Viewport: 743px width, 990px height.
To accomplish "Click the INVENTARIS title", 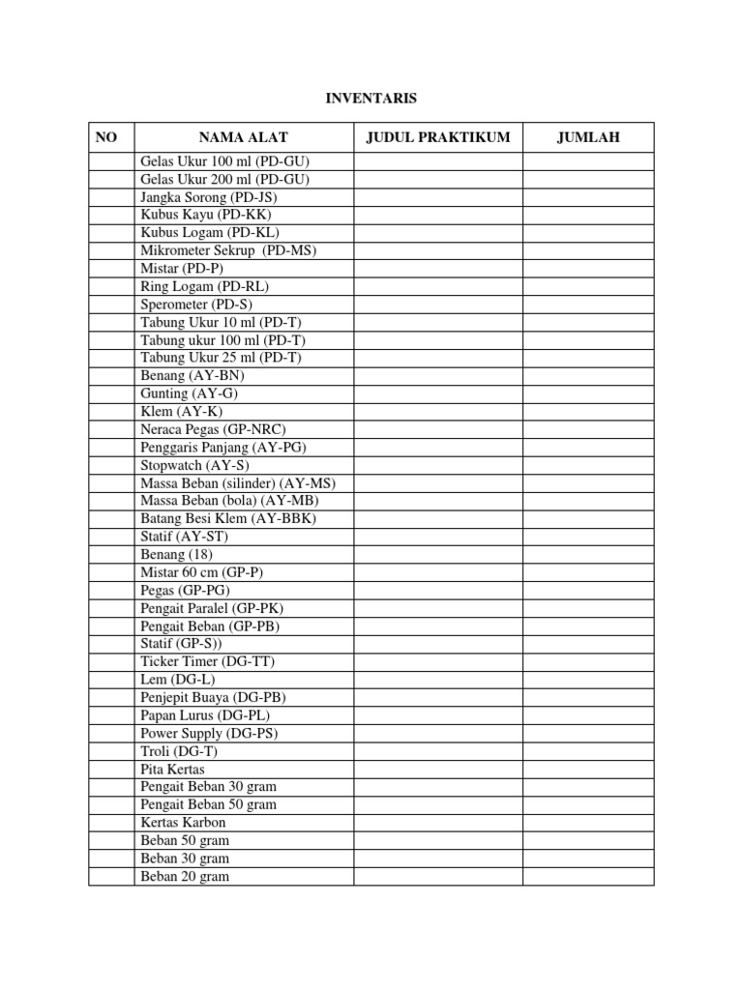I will tap(371, 98).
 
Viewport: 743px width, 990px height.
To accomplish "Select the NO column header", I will tap(106, 138).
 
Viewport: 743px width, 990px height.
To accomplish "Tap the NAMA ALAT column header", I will tap(244, 138).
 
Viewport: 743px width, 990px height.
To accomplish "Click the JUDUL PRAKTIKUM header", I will tap(437, 138).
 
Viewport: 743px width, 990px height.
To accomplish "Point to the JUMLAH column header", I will tap(588, 138).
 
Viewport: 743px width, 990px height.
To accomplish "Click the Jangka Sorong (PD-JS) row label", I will tap(208, 197).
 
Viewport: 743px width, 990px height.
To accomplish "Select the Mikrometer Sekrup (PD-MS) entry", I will tap(228, 250).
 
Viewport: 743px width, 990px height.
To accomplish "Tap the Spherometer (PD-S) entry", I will tap(196, 304).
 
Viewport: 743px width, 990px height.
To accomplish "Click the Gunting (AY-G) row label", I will tap(189, 393).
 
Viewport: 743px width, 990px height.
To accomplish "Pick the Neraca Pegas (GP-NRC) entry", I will tap(213, 429).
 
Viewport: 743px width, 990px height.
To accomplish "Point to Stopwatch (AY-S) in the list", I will tap(195, 465).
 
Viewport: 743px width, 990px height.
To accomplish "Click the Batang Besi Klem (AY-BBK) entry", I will tap(228, 519).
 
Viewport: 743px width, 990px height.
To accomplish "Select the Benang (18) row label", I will tap(176, 555).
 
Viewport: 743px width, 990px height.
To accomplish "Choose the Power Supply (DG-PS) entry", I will tap(210, 733).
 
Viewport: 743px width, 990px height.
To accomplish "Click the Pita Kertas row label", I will tap(172, 770).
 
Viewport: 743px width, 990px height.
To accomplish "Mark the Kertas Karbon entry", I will tap(183, 823).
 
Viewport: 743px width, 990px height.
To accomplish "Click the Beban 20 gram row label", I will tap(185, 877).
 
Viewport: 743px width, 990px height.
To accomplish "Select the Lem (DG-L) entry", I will tap(179, 680).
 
